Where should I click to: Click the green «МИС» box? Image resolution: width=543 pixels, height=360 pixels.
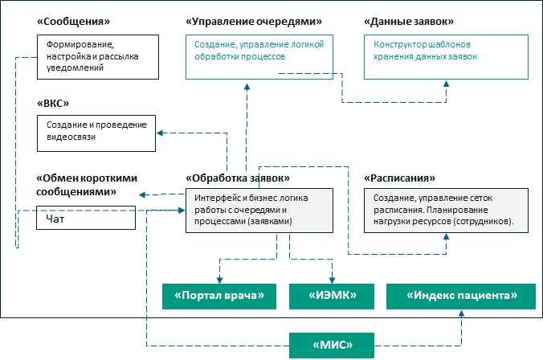pos(332,345)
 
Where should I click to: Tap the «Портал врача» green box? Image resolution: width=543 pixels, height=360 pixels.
pos(219,297)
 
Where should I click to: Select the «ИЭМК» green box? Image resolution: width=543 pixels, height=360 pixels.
pos(332,297)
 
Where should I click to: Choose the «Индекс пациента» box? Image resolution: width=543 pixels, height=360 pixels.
pos(461,297)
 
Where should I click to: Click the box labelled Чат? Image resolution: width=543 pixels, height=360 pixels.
pos(86,218)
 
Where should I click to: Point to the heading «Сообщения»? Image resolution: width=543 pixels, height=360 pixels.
pos(73,22)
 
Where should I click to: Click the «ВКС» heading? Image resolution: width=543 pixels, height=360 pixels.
pos(53,103)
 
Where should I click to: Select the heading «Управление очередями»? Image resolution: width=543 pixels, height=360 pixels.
pos(254,22)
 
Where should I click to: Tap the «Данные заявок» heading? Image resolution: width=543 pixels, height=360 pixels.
pos(409,22)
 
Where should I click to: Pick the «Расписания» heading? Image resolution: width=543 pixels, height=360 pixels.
pos(400,178)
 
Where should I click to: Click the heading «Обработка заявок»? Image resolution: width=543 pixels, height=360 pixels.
pos(238,178)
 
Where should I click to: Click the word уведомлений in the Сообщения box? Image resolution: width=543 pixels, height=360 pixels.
pos(76,67)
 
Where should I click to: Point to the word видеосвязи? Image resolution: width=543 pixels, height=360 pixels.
pos(71,137)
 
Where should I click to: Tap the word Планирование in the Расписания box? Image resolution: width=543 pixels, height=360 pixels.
pos(457,210)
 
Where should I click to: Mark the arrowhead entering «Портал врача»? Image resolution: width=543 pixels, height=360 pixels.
pos(219,280)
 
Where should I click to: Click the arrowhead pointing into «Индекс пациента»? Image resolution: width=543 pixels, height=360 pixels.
pos(461,313)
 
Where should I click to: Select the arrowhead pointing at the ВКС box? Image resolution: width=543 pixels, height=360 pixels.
pos(160,133)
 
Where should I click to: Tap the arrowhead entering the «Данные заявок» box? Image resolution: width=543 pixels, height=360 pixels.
pos(447,84)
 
